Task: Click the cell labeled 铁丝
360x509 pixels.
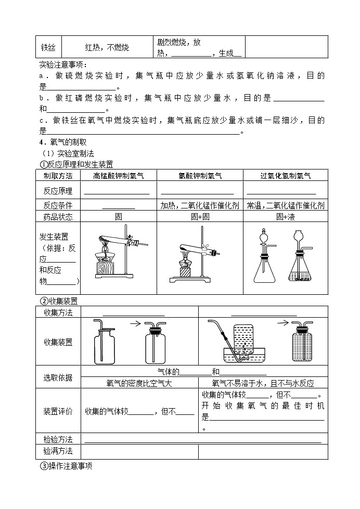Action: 48,48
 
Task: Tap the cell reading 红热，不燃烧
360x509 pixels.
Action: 107,48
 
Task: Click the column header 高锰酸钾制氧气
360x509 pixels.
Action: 119,176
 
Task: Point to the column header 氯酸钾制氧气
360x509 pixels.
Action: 200,176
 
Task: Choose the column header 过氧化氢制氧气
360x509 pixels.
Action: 286,176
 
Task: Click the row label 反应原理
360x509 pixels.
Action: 58,191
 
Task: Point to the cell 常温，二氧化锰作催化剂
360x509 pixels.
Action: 286,205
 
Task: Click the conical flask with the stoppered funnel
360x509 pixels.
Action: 264,265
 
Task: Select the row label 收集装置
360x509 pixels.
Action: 58,342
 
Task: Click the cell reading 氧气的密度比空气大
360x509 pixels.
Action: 139,383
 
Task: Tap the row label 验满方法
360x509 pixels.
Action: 58,451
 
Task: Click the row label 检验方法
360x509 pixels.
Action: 58,439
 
